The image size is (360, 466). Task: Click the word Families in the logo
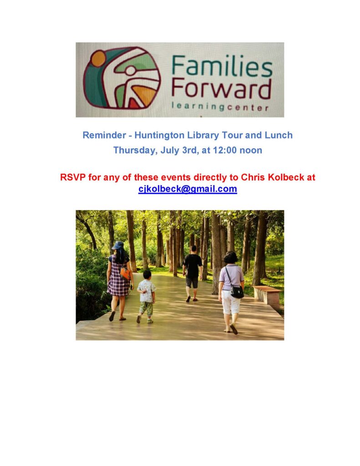coord(222,66)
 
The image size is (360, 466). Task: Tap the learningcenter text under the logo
coord(220,106)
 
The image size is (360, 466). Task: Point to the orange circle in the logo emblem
coord(98,59)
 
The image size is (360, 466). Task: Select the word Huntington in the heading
coord(159,136)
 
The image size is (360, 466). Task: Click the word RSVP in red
coord(73,177)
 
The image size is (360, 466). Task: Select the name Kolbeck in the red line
coord(283,177)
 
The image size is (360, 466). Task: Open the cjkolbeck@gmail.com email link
coord(188,189)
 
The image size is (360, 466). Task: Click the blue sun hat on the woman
coord(118,245)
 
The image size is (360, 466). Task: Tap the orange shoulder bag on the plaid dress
coord(125,274)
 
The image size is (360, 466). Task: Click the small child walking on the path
coord(146,296)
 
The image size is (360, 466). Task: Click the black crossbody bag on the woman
coord(237,291)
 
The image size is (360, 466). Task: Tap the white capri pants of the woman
coord(231,301)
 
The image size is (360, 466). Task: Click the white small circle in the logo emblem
coord(130,71)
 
